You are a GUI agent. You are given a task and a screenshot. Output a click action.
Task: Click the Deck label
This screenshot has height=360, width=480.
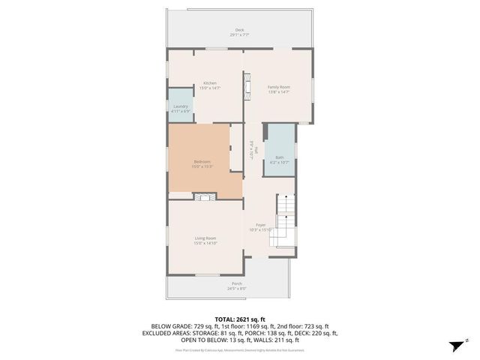coord(239,30)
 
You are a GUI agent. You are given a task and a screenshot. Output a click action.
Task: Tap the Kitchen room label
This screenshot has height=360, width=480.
coord(209,82)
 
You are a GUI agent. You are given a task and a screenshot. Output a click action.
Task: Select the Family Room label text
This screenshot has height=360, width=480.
coord(279,87)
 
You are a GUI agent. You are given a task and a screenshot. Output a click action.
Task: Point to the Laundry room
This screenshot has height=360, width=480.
coord(180,106)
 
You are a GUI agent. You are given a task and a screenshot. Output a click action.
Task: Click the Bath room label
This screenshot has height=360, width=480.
coord(279,157)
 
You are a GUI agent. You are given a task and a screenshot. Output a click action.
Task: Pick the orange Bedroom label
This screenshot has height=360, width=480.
coord(202,161)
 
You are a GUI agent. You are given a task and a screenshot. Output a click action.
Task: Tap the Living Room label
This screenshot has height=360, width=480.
coord(205,238)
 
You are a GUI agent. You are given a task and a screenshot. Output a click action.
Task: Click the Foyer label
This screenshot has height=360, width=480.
coord(260,225)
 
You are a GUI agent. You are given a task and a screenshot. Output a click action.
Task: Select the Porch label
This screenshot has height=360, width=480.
coord(236,283)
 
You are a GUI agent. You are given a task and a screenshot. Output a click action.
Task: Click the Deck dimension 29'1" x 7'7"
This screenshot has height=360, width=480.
coord(239,35)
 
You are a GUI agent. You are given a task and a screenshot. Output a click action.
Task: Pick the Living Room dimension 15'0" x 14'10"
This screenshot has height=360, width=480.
coord(205,243)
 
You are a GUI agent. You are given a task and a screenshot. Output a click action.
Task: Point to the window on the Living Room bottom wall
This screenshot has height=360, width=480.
coord(208,274)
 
